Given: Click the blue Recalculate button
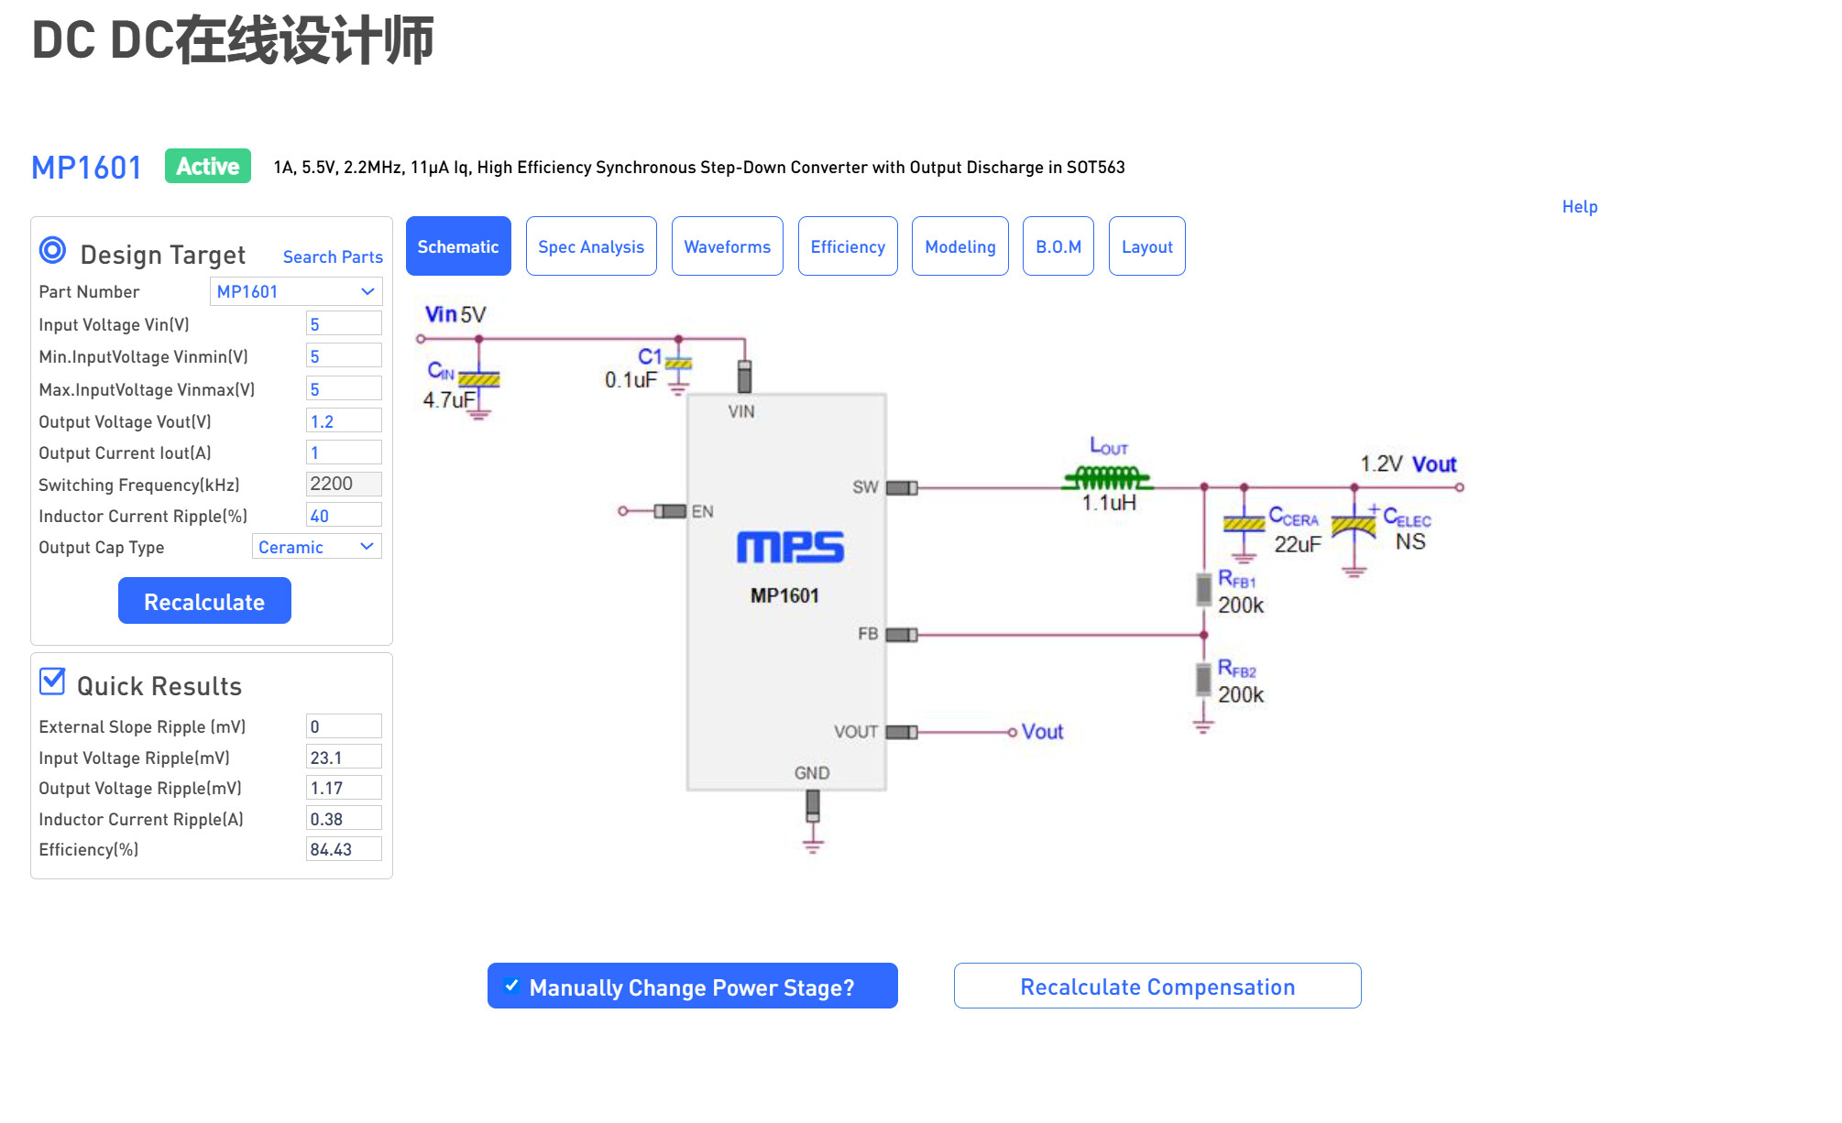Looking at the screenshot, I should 204,601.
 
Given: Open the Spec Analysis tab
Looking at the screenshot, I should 591,246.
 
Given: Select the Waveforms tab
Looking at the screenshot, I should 727,246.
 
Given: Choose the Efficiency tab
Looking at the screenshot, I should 848,246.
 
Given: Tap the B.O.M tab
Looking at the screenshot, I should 1058,246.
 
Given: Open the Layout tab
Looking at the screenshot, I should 1146,246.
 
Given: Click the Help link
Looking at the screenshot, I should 1579,207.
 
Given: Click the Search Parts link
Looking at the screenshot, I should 333,257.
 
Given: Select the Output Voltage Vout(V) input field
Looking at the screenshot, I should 344,421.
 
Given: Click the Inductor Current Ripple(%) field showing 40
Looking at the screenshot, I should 344,516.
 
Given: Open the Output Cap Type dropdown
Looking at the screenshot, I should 316,547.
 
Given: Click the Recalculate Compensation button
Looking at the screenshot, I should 1157,987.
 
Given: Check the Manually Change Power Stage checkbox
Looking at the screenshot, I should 512,987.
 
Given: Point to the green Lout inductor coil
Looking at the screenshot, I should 1107,477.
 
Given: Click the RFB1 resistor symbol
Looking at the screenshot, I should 1204,590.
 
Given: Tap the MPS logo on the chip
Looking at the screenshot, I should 790,547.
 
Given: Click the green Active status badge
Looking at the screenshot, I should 208,167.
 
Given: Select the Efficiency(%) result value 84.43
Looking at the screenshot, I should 344,849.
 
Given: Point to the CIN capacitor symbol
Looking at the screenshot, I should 478,379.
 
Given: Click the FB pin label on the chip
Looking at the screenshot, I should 868,634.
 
